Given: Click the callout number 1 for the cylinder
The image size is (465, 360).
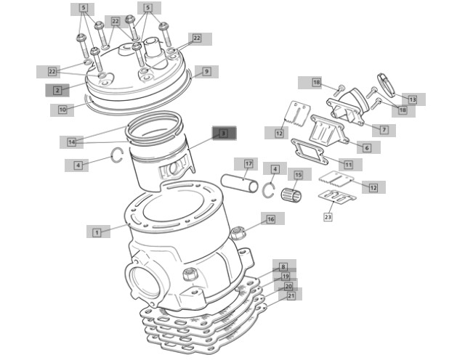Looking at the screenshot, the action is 97,232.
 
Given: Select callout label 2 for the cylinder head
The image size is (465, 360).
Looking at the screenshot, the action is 57,91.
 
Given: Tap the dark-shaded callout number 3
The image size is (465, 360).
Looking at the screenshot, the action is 224,134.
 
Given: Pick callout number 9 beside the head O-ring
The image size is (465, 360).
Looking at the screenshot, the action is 206,71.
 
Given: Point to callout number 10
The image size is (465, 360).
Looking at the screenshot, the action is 62,110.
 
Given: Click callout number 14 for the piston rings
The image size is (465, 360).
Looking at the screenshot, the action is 71,142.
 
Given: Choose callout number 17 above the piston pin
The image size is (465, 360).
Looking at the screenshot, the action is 248,164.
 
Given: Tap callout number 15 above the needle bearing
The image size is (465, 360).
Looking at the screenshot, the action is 299,175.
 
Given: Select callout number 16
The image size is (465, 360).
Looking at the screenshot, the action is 271,219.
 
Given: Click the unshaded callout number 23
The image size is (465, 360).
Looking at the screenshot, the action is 328,217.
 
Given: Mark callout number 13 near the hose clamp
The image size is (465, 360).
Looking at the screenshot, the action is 413,99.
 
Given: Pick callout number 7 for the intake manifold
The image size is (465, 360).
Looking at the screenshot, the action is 384,130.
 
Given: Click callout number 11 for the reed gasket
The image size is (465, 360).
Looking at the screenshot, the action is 349,165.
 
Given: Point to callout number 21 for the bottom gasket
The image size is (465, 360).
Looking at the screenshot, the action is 291,295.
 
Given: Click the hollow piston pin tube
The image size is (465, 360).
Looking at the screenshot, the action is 240,184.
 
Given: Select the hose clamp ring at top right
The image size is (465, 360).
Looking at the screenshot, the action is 387,85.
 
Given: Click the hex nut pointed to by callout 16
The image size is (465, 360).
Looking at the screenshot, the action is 238,233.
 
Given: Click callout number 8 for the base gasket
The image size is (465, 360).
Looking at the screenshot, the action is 283,267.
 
